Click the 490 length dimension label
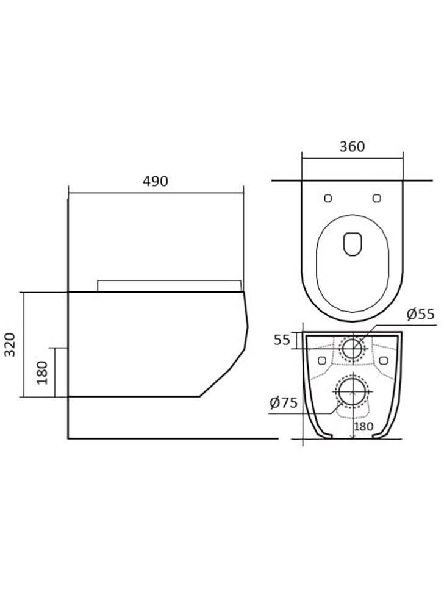point(155,181)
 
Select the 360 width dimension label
point(352,146)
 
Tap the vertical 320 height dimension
point(10,344)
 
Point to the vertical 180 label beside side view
point(42,373)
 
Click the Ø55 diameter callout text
point(420,314)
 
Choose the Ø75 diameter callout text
point(284,403)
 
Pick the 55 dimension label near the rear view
point(282,340)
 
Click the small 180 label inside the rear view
point(363,427)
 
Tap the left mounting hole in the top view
point(328,198)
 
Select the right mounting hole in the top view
point(376,198)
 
